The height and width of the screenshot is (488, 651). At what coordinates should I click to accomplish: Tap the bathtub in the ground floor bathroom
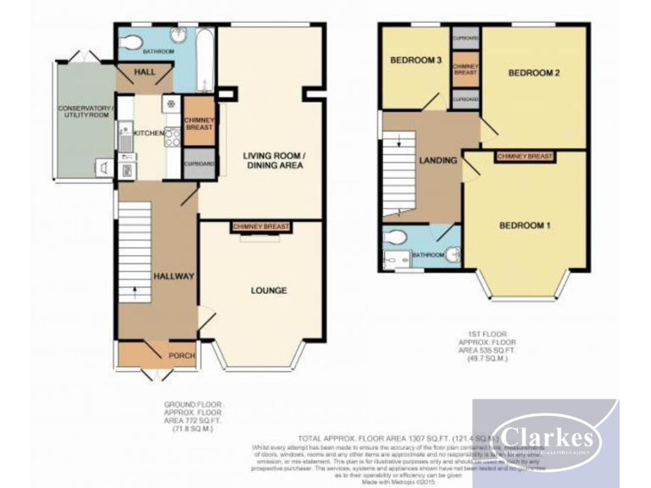click(x=206, y=59)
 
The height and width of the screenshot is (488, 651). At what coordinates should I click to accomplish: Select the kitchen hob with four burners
click(x=172, y=136)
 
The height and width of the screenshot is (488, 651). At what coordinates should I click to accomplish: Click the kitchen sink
click(x=125, y=136)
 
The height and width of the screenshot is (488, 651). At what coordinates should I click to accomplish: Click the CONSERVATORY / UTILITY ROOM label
click(x=85, y=114)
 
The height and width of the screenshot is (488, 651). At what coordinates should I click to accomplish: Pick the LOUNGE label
click(x=268, y=291)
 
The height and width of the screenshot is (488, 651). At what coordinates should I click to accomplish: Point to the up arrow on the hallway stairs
click(x=131, y=293)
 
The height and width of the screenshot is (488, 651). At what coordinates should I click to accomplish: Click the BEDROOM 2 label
click(x=534, y=74)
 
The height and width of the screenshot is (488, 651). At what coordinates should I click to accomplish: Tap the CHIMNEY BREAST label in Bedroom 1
click(x=525, y=157)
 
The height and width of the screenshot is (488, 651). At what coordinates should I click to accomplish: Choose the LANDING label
click(x=438, y=160)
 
